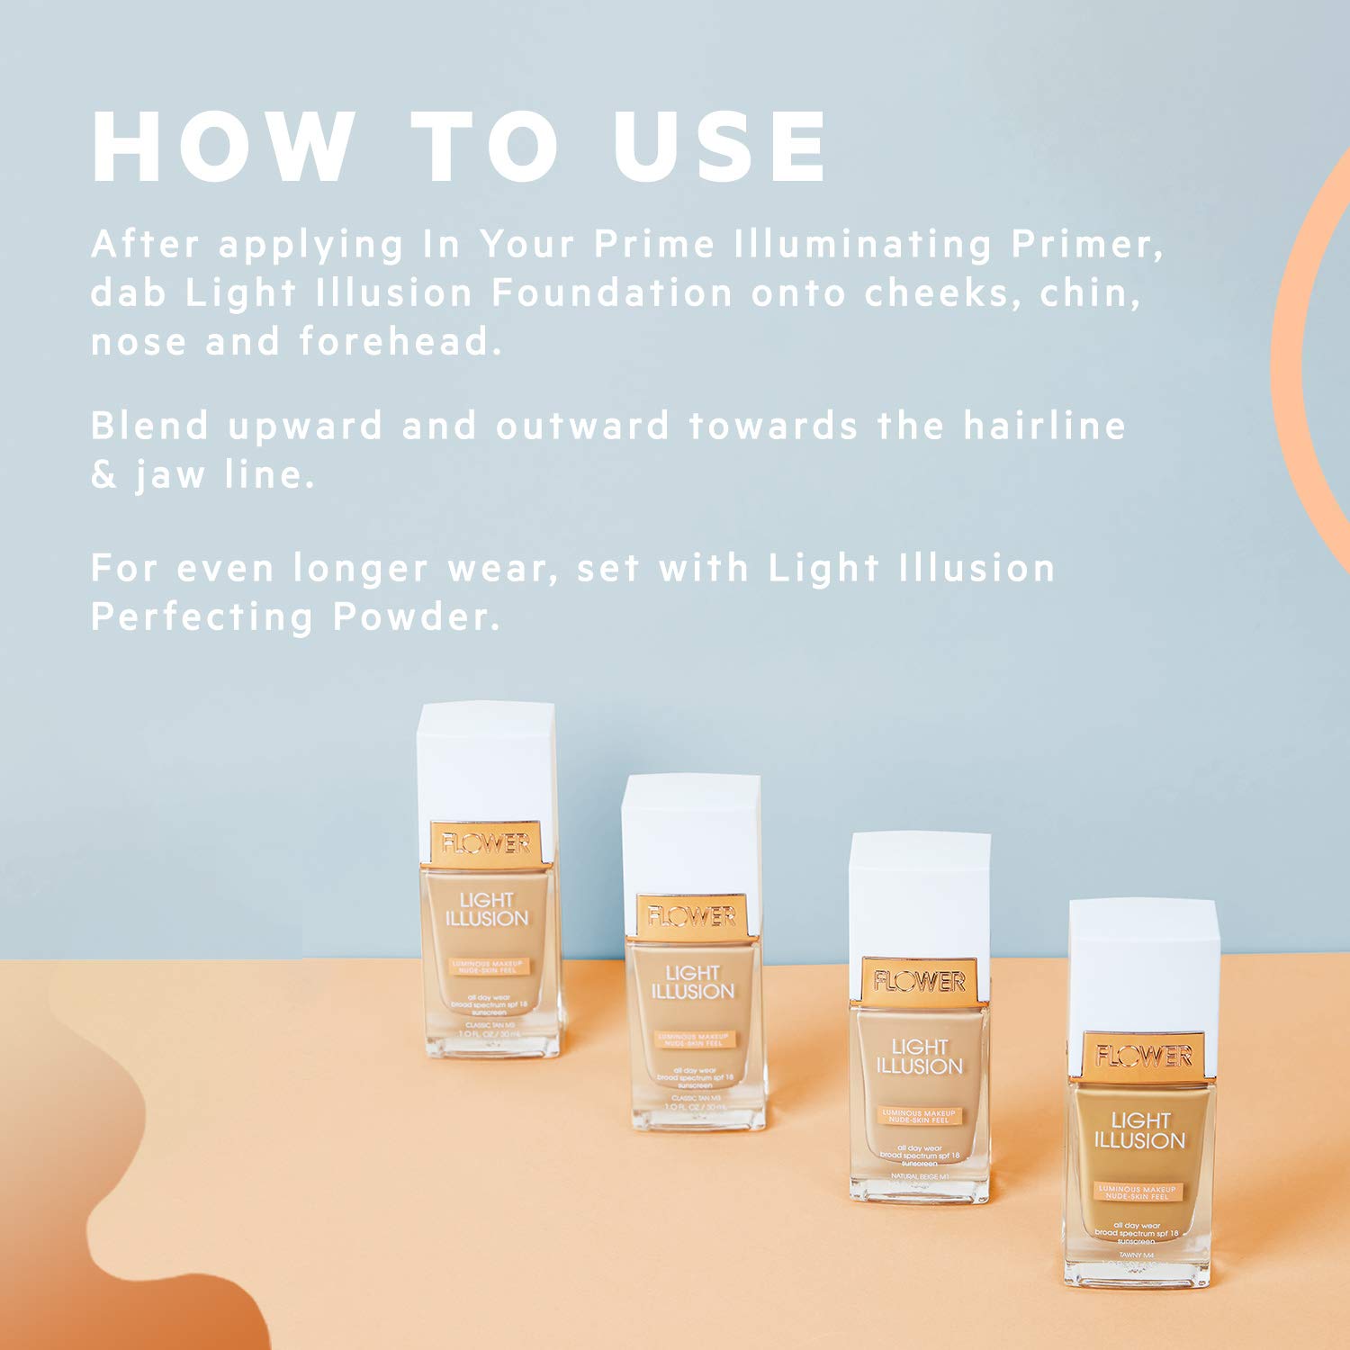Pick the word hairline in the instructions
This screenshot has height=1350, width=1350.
click(x=1044, y=426)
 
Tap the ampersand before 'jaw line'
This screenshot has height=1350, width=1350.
click(x=104, y=475)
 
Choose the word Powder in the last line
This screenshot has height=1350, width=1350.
click(x=416, y=617)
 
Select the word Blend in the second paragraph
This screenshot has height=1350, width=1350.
click(x=150, y=426)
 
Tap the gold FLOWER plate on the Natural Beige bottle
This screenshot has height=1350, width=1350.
click(x=919, y=981)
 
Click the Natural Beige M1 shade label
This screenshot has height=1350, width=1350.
click(x=919, y=1177)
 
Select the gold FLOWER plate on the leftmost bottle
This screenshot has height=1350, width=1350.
click(x=486, y=843)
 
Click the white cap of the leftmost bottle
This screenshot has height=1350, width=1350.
click(x=486, y=760)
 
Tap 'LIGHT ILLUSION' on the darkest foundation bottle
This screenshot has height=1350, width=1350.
click(x=1139, y=1130)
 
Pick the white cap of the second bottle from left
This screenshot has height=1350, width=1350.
click(x=691, y=832)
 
